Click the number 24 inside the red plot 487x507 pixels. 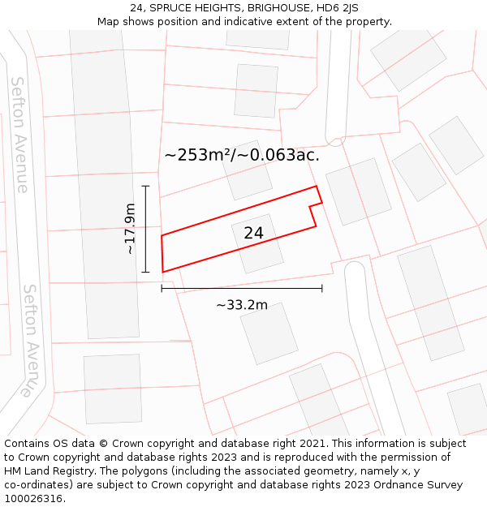coord(253,233)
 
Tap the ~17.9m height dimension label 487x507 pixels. coord(130,230)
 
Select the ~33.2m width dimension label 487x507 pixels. coord(241,305)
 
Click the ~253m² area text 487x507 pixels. coord(198,154)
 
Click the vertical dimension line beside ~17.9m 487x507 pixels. coord(146,229)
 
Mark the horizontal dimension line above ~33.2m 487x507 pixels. coord(242,288)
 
